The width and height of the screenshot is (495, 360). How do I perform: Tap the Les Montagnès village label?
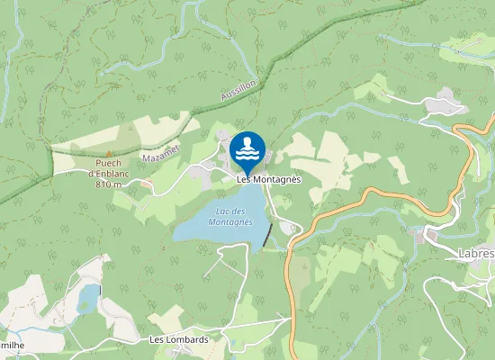coord(268,179)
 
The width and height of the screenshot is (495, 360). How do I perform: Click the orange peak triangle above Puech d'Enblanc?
coord(110,153)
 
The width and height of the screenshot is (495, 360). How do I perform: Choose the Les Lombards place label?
coord(178,339)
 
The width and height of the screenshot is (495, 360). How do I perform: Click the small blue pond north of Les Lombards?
coord(88,297)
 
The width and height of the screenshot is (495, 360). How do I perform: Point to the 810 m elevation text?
coord(109,184)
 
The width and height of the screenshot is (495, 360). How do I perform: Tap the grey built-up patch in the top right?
coord(445,106)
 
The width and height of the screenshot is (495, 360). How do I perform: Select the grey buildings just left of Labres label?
coord(430,238)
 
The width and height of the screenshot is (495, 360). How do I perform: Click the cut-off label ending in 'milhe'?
coord(13,346)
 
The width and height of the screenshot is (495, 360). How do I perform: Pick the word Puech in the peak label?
coord(109,164)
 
